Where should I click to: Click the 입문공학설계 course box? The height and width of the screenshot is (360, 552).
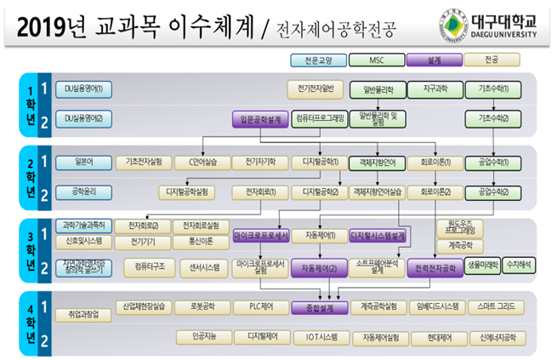click(261, 121)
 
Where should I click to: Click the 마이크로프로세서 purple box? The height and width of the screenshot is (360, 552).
click(261, 235)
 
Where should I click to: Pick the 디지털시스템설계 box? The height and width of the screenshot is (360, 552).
click(378, 235)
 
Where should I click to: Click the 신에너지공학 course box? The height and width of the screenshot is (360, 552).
click(496, 337)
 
